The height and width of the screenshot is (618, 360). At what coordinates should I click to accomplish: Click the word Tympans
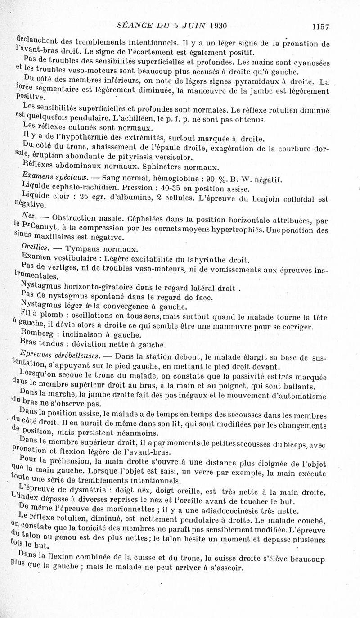pyautogui.click(x=81, y=249)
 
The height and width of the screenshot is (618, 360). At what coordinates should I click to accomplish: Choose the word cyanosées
pyautogui.click(x=310, y=63)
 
